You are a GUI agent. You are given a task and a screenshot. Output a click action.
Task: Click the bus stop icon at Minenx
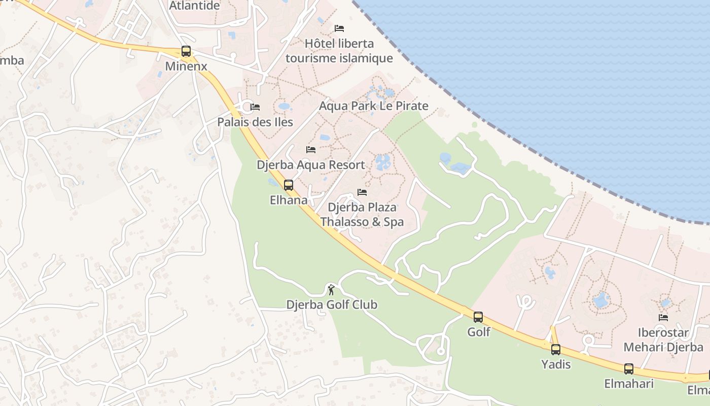pos(186,51)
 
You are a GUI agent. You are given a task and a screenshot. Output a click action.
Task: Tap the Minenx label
pos(186,66)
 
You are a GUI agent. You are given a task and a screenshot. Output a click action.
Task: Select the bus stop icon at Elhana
pos(289,185)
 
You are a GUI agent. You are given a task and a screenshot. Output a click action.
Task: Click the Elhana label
pos(289,200)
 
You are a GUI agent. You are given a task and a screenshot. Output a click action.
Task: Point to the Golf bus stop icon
pos(478,317)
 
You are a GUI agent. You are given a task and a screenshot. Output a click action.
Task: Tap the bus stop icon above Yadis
pos(556,349)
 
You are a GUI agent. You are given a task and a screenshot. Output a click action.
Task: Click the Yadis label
pos(556,364)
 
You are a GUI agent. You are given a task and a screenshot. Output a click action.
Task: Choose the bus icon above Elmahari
pos(629,369)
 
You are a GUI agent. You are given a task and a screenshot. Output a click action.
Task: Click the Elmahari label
pos(629,384)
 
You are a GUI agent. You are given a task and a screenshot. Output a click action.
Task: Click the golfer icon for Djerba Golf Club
pos(331,290)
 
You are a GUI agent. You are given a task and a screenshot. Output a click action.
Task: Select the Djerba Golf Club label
pos(332,304)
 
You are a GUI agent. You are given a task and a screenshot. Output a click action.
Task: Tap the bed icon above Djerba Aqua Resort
pos(311,150)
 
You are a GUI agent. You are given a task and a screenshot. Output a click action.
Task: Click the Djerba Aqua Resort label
pos(311,165)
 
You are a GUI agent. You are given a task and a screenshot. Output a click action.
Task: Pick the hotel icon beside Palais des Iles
pos(255,107)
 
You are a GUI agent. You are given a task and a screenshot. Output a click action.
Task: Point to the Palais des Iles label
pos(255,122)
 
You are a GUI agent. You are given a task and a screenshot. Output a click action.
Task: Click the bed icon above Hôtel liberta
pos(339,28)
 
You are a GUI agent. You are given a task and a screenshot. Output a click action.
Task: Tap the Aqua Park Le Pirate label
pos(374,106)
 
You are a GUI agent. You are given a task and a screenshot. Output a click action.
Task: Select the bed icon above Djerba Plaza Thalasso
pos(362,192)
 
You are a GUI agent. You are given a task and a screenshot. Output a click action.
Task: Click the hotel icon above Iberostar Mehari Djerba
pos(663,318)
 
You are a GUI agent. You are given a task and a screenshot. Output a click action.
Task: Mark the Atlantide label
pos(195,6)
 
